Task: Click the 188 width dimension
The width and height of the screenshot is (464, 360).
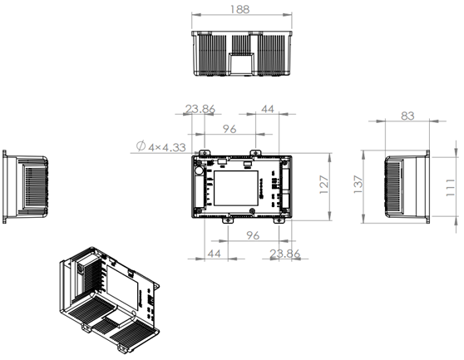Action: [x=241, y=9]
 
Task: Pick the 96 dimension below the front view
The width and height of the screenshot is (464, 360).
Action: [x=254, y=235]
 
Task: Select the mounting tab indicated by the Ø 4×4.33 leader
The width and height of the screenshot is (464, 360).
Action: [x=201, y=153]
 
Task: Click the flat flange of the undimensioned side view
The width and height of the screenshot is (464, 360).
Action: [x=4, y=188]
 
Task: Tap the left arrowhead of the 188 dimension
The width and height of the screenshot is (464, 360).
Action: [x=195, y=16]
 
